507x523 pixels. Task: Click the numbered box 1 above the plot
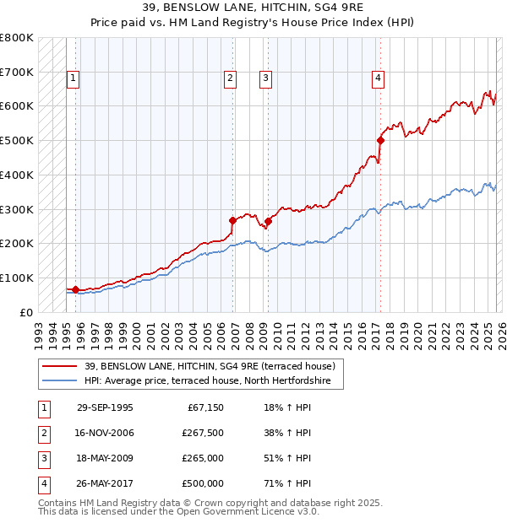[74, 78]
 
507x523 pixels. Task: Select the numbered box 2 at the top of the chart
[230, 78]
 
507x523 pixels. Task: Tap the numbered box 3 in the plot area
[265, 78]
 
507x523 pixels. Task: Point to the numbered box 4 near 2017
[378, 78]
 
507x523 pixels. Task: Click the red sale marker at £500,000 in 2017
[381, 140]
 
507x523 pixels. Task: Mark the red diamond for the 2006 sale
[233, 220]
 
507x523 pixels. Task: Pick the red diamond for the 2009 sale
[268, 222]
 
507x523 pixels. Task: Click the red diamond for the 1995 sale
[76, 289]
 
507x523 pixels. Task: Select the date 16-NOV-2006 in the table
[105, 433]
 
